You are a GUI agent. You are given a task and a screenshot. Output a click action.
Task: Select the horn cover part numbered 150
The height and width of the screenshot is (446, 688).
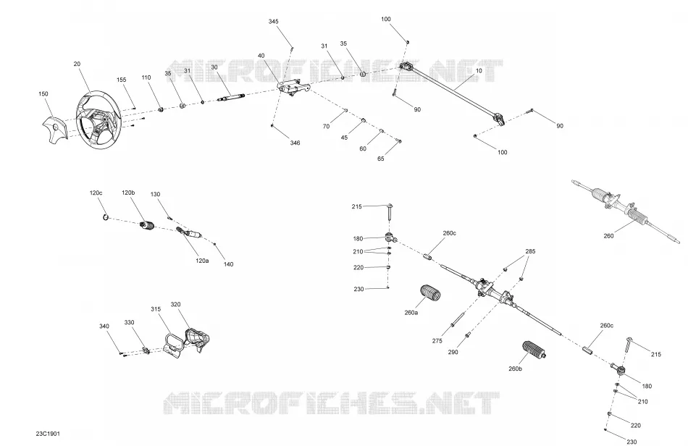[x=54, y=128]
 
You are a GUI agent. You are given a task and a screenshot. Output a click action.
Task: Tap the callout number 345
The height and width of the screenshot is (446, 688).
[x=273, y=22]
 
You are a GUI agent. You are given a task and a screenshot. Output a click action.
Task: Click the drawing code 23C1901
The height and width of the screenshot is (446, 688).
[x=48, y=434]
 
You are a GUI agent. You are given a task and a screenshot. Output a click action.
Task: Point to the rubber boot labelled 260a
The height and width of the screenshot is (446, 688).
[x=430, y=293]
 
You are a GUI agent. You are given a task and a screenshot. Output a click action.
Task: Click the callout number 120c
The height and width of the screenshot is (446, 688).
[x=96, y=193]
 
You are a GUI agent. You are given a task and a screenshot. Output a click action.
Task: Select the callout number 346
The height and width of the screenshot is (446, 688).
[x=295, y=143]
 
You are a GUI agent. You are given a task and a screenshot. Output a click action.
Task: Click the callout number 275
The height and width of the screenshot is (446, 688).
[x=437, y=341]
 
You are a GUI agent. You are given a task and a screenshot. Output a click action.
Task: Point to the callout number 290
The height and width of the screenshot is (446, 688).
[x=453, y=352]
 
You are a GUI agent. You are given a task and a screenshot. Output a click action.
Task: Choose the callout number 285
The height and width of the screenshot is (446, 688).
[x=530, y=252]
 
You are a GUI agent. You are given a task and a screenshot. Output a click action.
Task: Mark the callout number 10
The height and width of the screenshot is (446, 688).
[x=478, y=71]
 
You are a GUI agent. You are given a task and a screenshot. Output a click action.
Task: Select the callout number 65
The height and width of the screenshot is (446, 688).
[x=380, y=159]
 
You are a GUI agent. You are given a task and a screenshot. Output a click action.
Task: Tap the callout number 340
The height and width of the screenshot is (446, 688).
[x=104, y=327]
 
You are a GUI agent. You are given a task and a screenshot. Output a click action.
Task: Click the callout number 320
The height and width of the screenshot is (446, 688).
[x=175, y=304]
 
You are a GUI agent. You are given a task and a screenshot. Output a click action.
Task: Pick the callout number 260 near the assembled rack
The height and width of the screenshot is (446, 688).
[x=608, y=236]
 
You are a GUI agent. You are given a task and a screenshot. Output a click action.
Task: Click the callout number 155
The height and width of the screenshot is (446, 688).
[x=121, y=80]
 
